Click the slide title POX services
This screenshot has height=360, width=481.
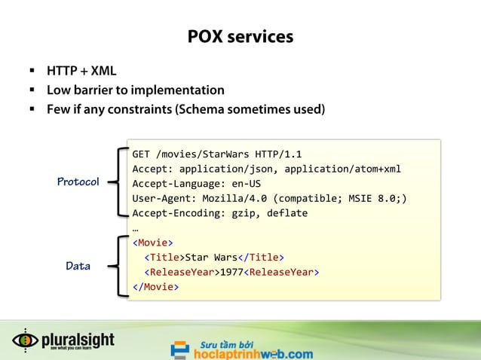[x=240, y=36]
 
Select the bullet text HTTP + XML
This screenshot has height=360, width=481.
[x=81, y=72]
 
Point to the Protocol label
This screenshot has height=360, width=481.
[x=78, y=182]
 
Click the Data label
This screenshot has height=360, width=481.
[x=78, y=266]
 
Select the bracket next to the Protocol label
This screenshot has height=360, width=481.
[x=118, y=182]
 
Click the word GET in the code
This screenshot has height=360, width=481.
[x=142, y=154]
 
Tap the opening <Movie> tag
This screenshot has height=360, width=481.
[x=153, y=243]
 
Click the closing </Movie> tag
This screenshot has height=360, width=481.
[x=156, y=287]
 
